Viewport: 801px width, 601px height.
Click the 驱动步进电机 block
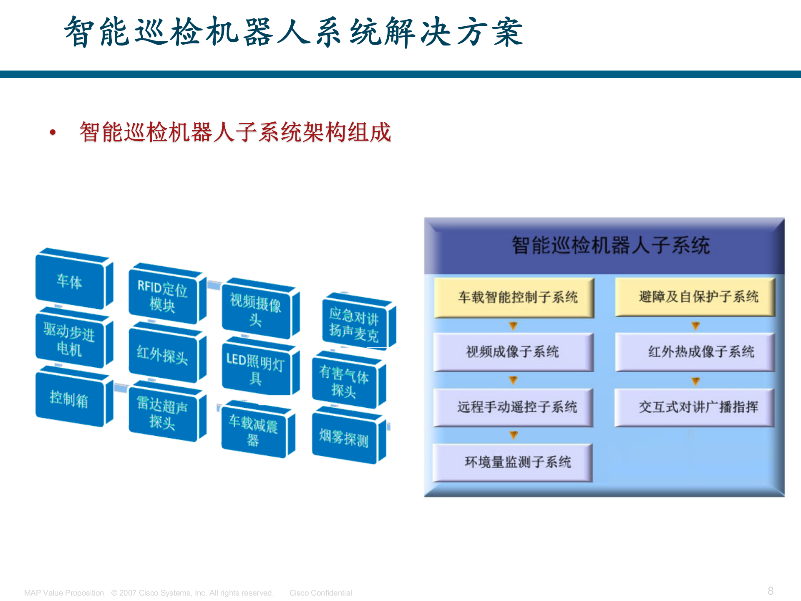coord(70,340)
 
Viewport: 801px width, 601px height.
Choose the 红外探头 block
coord(163,355)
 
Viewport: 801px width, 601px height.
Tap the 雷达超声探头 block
coord(163,414)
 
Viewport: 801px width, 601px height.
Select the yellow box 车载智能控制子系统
coord(514,298)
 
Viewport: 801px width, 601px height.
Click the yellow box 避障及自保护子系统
coord(695,297)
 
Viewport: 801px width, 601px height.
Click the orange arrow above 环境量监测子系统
coord(514,435)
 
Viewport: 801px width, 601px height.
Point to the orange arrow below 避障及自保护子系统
coord(695,326)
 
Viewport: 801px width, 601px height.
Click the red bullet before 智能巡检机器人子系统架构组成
coord(53,133)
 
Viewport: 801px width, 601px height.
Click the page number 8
coord(770,591)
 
